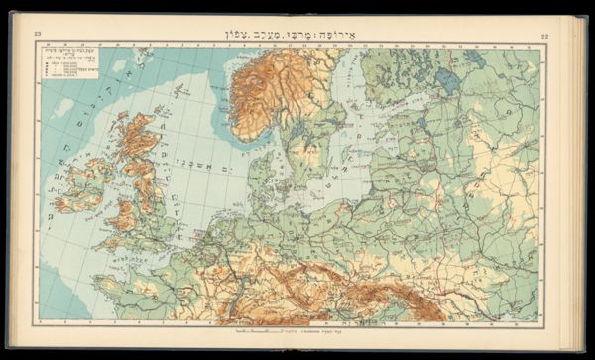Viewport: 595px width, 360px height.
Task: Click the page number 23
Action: (37, 37)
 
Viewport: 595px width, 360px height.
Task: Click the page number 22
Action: (544, 37)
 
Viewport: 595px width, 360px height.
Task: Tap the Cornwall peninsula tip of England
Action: (99, 244)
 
